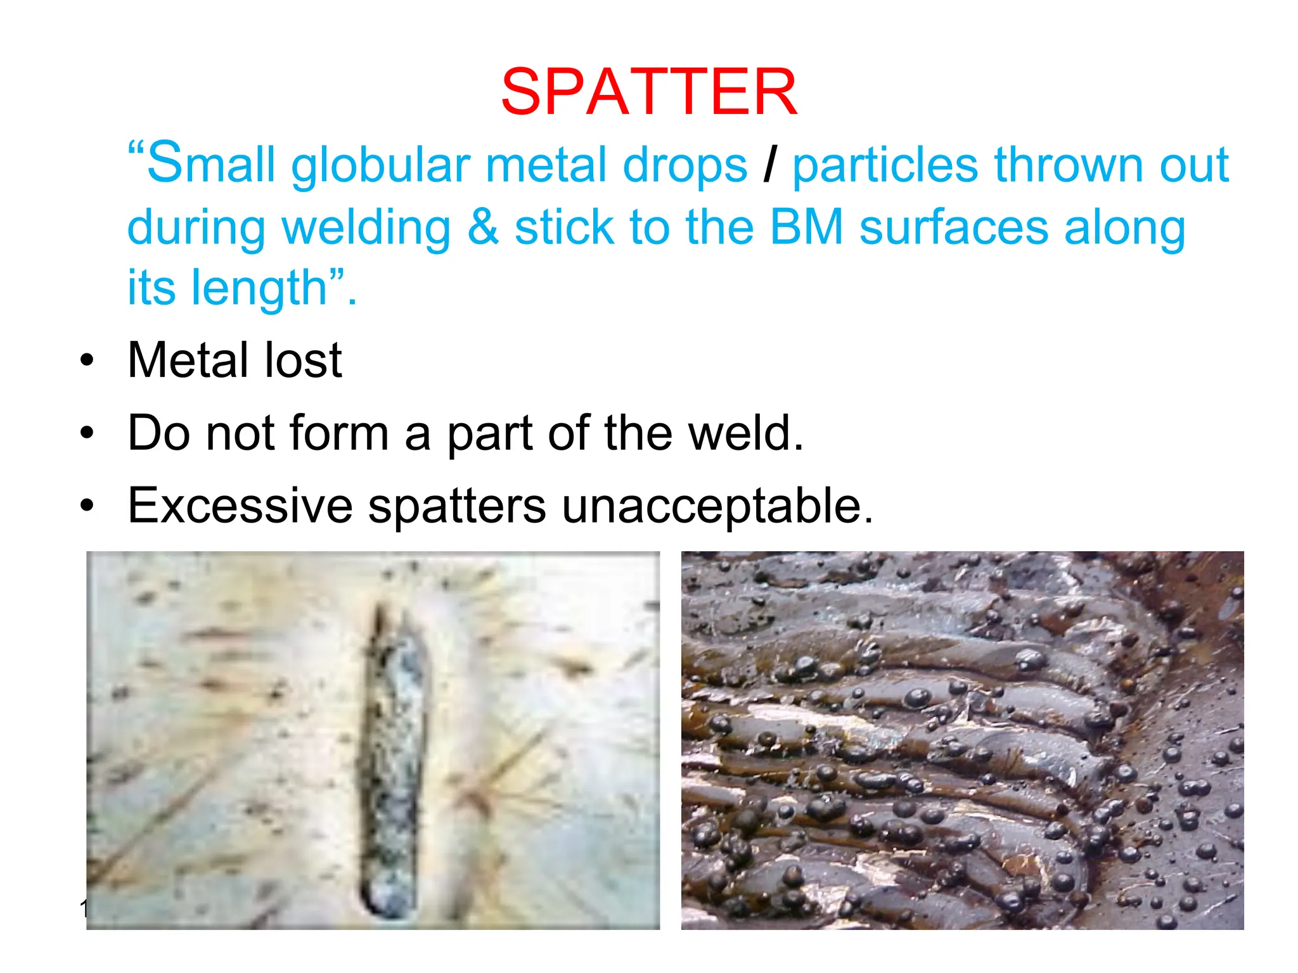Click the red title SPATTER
648,92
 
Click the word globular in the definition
380,166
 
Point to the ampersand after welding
483,227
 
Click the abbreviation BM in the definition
806,227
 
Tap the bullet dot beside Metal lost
87,360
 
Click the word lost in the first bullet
303,360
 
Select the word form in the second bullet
338,433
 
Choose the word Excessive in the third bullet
240,506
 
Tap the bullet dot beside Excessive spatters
87,506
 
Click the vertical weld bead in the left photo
393,747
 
